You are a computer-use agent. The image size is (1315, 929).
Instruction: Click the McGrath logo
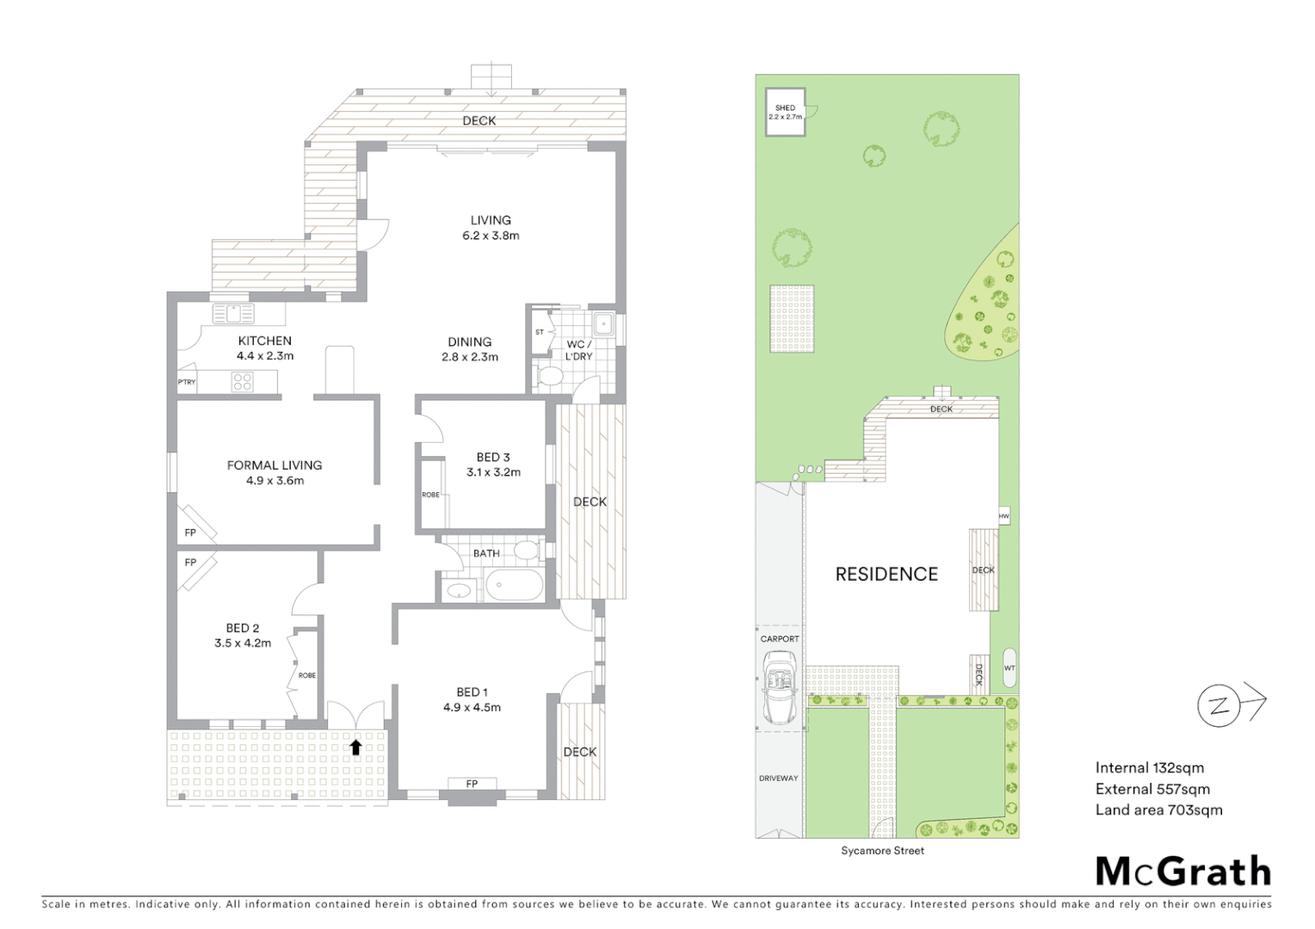(x=1183, y=871)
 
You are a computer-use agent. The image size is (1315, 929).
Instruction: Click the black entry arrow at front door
(x=355, y=747)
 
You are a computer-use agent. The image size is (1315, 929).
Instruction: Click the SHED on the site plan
(x=785, y=112)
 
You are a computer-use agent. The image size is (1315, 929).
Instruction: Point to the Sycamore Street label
(x=882, y=851)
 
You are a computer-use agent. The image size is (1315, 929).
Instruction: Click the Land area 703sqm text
(x=1158, y=809)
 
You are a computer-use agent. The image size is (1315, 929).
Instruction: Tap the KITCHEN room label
(x=265, y=341)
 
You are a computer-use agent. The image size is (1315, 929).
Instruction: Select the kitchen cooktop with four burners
(x=242, y=381)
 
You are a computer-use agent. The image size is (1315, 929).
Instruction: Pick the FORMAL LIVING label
(x=275, y=465)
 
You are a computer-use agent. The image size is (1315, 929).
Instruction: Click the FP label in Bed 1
(x=472, y=784)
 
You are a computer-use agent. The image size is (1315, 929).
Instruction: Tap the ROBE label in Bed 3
(x=430, y=495)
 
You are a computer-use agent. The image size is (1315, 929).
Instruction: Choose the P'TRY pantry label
(x=187, y=382)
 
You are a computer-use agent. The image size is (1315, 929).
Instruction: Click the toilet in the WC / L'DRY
(x=548, y=377)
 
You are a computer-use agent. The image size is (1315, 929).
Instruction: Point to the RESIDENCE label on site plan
(x=886, y=574)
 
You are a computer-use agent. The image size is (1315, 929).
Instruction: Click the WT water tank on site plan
(x=1009, y=668)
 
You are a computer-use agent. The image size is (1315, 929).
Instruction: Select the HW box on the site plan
(x=1003, y=516)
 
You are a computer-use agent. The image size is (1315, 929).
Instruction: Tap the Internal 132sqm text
(x=1149, y=768)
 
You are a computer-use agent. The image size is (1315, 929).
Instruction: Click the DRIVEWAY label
(x=778, y=778)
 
